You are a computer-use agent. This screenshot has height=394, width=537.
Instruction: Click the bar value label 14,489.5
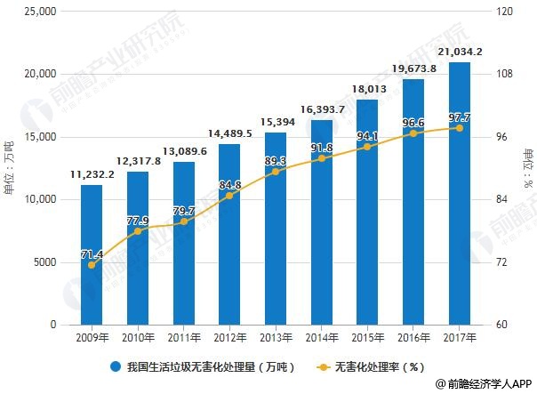coord(229,133)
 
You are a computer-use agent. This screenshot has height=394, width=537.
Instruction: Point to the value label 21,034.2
coord(460,52)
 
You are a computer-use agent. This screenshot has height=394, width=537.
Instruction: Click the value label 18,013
coord(367,89)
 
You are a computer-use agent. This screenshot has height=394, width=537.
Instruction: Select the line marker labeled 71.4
coord(92,264)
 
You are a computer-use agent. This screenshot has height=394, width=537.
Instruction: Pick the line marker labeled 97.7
coord(460,128)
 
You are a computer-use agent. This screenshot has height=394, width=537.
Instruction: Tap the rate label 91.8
coord(322,148)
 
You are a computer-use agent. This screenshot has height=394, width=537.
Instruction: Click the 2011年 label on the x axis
coord(184,338)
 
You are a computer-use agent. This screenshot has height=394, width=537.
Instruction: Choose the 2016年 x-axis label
coord(413,338)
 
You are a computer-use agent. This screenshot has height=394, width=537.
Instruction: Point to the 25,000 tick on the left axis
coord(40,12)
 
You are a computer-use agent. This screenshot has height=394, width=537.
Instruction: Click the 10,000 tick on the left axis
coord(40,199)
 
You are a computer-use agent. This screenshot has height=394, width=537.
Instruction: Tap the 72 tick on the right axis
coord(504,262)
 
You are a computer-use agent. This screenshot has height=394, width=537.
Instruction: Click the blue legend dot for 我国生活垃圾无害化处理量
coord(116,366)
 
